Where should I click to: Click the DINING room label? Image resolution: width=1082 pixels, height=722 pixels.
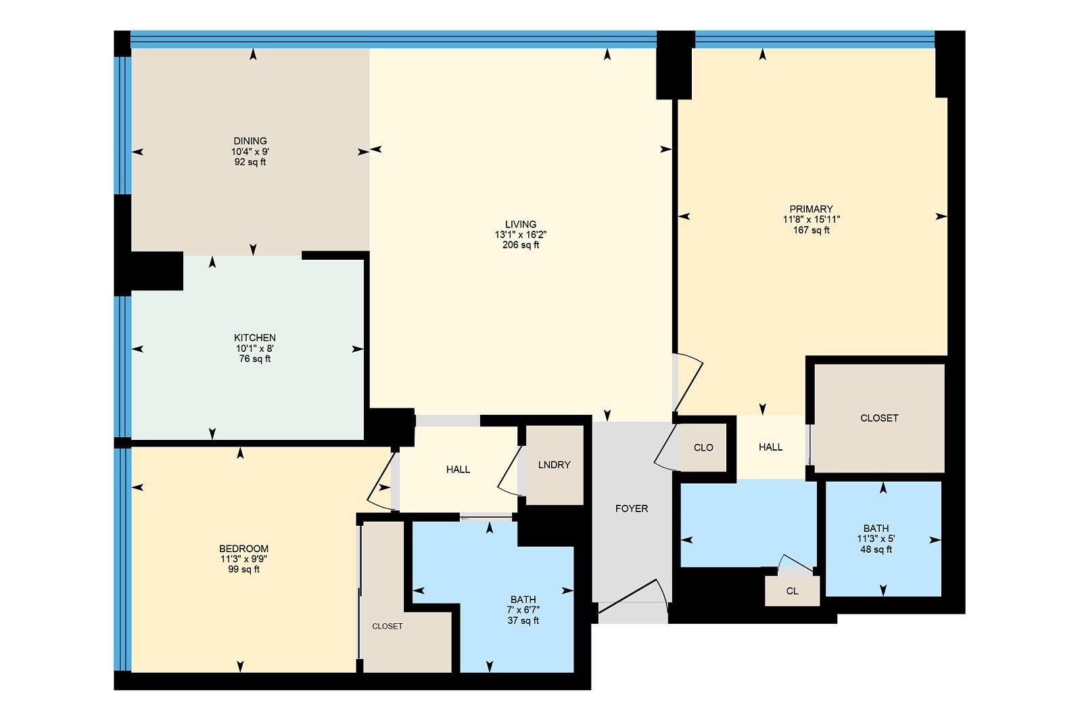(x=250, y=141)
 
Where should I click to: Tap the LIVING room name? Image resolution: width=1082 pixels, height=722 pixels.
(x=521, y=224)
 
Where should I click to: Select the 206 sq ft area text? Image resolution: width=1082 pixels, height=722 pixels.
(x=521, y=245)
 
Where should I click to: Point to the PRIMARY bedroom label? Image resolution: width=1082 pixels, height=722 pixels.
(x=811, y=209)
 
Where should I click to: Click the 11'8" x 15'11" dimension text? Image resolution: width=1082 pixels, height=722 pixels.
(x=811, y=219)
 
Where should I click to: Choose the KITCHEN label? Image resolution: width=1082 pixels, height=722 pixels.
(x=254, y=338)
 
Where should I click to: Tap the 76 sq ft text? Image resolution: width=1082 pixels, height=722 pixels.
(x=254, y=359)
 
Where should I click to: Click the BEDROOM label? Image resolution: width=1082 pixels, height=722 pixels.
(x=244, y=549)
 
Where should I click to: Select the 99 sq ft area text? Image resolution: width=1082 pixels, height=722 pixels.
(x=244, y=569)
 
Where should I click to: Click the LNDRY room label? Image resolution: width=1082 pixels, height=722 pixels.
(x=554, y=464)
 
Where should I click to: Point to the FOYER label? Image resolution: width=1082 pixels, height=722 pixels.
(x=632, y=508)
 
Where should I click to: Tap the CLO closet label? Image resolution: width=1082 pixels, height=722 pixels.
(x=703, y=447)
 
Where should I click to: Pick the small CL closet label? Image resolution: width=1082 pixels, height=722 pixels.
(x=792, y=591)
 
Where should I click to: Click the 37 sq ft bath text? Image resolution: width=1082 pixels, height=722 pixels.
(x=523, y=621)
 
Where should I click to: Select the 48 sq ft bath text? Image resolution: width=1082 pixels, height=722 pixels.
(x=876, y=549)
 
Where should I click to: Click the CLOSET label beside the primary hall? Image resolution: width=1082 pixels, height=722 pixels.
(x=879, y=418)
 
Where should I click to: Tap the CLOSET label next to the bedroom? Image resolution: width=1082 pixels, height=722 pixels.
(x=387, y=627)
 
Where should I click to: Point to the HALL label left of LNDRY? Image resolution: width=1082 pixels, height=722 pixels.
(x=458, y=469)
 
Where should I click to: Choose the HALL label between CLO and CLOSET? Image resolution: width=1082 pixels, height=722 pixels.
(x=770, y=447)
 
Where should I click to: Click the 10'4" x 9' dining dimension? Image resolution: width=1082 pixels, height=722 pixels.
(x=250, y=152)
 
